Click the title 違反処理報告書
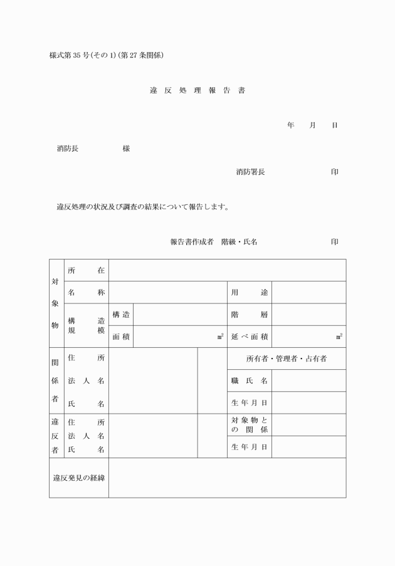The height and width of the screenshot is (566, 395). point(197,90)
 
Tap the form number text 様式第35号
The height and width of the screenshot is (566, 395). point(71,55)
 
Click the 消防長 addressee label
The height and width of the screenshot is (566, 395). point(68,149)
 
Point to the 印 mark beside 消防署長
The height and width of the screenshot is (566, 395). point(335,172)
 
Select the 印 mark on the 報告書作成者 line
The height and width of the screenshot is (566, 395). point(335,241)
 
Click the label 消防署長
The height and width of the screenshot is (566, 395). point(250,172)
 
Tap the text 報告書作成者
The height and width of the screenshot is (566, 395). point(192,241)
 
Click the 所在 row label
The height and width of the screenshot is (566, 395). point(86,270)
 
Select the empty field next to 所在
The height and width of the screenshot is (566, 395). point(227,270)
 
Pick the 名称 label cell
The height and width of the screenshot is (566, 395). point(86,292)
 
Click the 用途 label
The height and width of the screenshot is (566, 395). point(250,292)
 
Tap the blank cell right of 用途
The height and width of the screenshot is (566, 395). point(308,292)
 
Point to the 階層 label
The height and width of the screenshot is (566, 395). point(250,315)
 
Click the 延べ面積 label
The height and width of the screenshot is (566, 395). point(250,337)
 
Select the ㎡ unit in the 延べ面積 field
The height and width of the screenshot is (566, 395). point(339,337)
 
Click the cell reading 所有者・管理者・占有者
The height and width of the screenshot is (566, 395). point(287,359)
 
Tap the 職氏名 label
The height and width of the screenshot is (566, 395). point(250,380)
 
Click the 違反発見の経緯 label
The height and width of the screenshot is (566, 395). point(79,478)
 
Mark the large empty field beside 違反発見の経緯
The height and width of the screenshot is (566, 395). point(227,478)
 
